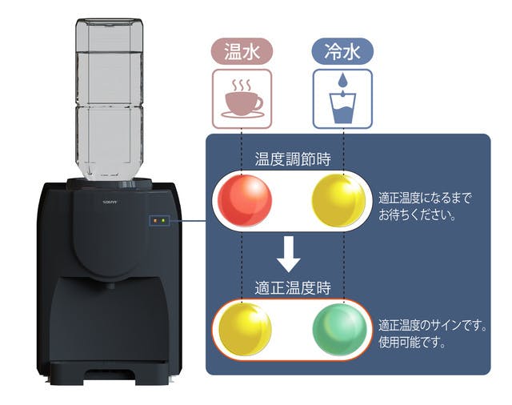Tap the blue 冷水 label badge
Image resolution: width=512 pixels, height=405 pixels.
(x=342, y=52)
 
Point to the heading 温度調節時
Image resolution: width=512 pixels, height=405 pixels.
(x=292, y=158)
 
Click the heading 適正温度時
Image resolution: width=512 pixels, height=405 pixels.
(x=292, y=287)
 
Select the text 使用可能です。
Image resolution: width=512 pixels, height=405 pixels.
(x=413, y=343)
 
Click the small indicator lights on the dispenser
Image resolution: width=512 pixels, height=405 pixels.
(x=160, y=220)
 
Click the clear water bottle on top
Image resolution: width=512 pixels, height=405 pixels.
(x=111, y=96)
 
